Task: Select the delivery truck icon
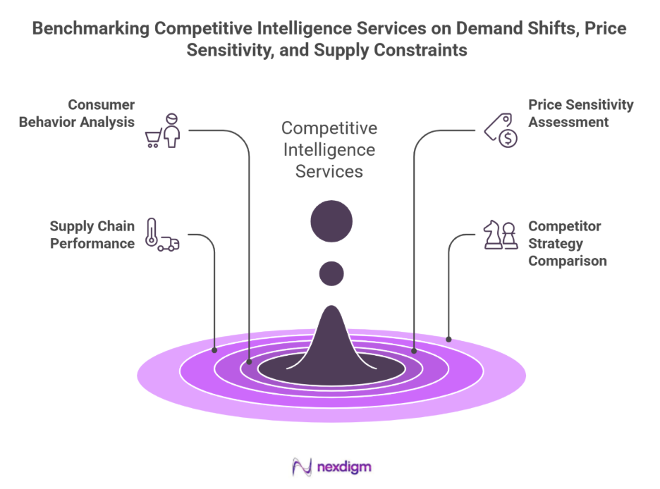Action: point(168,244)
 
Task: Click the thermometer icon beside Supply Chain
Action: point(150,233)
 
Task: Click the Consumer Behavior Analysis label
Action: point(77,113)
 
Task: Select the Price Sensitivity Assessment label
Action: point(580,113)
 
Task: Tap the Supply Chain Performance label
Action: point(92,235)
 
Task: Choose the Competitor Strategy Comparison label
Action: point(568,244)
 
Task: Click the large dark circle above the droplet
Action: point(331,221)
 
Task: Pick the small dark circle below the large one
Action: point(331,273)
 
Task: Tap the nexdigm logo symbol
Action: point(302,467)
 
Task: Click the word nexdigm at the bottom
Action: point(343,467)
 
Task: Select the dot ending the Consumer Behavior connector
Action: point(249,362)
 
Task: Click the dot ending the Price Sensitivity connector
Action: point(414,350)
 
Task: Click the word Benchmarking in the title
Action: point(90,30)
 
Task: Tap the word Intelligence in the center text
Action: point(329,149)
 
